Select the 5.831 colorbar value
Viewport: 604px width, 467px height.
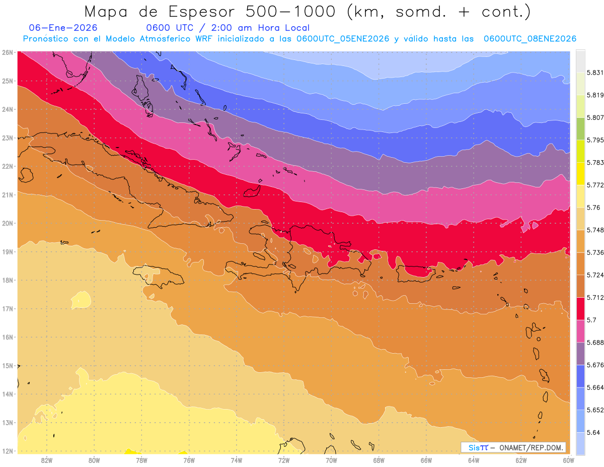587,73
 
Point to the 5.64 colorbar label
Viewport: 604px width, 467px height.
586,432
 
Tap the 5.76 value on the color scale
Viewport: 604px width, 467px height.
586,208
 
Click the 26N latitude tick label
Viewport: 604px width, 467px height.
8,52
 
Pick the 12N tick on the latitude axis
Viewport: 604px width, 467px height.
8,451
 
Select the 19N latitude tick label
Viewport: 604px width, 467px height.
8,251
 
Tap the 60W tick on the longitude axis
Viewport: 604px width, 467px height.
568,460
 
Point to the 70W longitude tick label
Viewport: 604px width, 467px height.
331,460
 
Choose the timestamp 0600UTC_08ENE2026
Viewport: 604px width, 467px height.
530,39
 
